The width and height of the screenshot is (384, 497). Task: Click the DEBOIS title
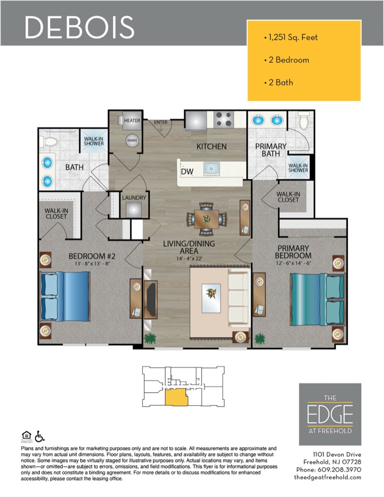point(80,27)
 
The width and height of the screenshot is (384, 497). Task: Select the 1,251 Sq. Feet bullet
point(291,37)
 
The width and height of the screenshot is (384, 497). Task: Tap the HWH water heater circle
point(132,141)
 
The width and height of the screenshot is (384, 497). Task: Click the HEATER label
point(132,121)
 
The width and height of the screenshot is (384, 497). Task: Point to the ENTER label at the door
point(161,122)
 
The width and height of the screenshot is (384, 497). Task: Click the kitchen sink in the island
point(211,169)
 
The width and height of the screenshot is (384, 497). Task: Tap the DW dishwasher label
point(187,172)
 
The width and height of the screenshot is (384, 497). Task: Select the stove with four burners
point(224,120)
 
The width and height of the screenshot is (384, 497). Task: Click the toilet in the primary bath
point(303,120)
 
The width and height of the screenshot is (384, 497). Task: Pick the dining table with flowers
point(206,218)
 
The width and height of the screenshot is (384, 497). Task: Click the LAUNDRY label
point(134,198)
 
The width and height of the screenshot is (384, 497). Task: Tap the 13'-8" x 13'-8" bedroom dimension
point(92,264)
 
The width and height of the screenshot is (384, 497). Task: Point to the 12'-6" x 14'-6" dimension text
point(293,263)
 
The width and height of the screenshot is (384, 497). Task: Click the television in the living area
point(152,299)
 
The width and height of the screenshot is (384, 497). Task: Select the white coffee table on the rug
point(211,298)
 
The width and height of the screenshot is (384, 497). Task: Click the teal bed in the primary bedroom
point(317,300)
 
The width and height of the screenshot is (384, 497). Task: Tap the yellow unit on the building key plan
point(176,398)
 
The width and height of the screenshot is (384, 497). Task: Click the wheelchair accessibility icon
point(40,436)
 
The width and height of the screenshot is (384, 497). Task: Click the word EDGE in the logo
point(330,414)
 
